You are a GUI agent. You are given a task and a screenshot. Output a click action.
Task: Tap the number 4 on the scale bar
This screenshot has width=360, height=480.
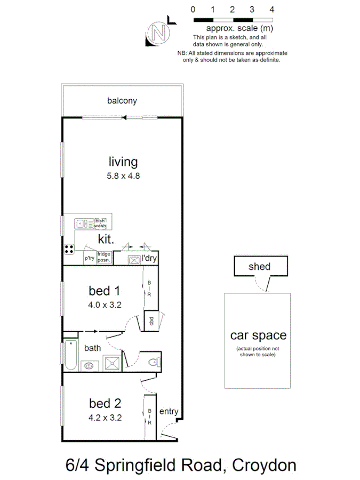[x=272, y=9]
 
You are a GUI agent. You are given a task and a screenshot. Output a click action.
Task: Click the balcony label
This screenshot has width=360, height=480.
[x=122, y=100]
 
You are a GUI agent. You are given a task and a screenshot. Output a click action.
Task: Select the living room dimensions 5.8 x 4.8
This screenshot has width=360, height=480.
[x=123, y=175]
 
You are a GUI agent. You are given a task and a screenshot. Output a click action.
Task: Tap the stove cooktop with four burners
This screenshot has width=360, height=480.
[x=70, y=247]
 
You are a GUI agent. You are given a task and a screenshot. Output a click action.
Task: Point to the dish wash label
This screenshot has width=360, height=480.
[x=101, y=223]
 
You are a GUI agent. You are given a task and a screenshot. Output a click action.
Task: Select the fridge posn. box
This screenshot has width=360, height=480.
[x=103, y=258]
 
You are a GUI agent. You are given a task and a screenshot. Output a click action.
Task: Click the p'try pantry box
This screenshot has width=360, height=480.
[x=89, y=259]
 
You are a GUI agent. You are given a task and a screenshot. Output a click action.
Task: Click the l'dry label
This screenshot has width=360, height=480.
[x=149, y=259]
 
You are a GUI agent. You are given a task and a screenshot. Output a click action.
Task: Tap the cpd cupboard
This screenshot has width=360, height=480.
[x=151, y=322]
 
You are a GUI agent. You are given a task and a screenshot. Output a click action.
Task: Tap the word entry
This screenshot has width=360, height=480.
[x=169, y=411]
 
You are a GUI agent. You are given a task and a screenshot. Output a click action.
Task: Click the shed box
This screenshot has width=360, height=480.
[x=260, y=267]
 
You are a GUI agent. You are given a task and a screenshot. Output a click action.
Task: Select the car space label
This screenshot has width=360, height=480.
[x=258, y=335]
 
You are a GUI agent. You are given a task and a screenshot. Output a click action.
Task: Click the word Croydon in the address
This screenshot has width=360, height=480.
[x=265, y=465]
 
